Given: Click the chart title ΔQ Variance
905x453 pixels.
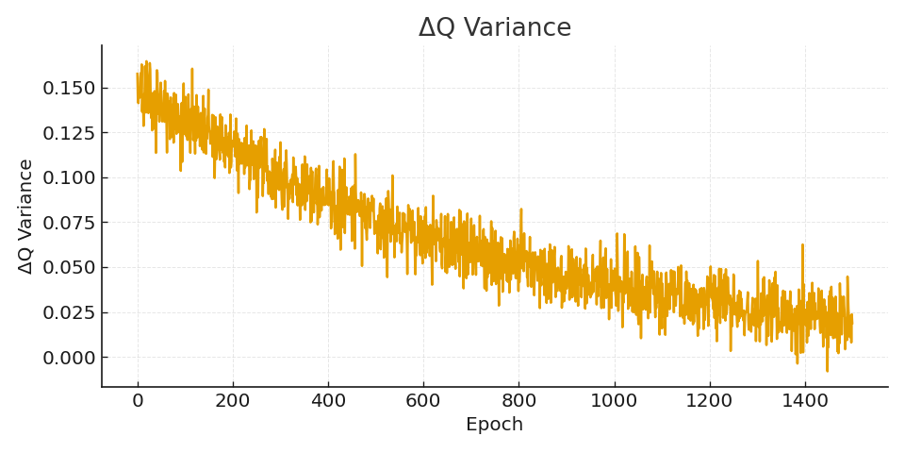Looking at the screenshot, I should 495,28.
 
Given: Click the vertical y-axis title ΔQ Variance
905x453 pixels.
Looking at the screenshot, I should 26,216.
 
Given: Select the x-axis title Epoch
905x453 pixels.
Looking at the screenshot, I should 494,425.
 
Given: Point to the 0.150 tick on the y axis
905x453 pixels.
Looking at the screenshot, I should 69,88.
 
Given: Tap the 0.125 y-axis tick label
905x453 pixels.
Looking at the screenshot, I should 69,133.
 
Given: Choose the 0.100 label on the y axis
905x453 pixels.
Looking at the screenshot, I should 69,177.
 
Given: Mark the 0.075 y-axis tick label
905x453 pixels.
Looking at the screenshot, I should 69,223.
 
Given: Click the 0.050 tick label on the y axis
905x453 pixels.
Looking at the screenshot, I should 69,267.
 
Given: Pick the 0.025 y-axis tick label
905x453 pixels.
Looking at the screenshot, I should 69,312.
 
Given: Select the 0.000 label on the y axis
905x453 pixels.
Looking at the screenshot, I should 69,357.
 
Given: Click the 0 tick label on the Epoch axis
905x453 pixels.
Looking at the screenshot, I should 138,400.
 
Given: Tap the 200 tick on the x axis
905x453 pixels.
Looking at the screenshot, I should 233,400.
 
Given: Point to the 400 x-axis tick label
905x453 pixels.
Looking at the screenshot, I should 328,400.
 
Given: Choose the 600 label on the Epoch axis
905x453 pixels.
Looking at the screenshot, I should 423,400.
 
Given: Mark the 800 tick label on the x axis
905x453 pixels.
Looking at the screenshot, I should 518,400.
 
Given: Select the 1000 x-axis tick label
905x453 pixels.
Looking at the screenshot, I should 614,400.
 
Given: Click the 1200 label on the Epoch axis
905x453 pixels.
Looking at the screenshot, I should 709,400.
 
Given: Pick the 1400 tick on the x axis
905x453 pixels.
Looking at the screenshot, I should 804,400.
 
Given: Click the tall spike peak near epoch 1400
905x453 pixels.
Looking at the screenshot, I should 802,244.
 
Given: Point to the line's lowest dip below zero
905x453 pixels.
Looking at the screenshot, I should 827,371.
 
